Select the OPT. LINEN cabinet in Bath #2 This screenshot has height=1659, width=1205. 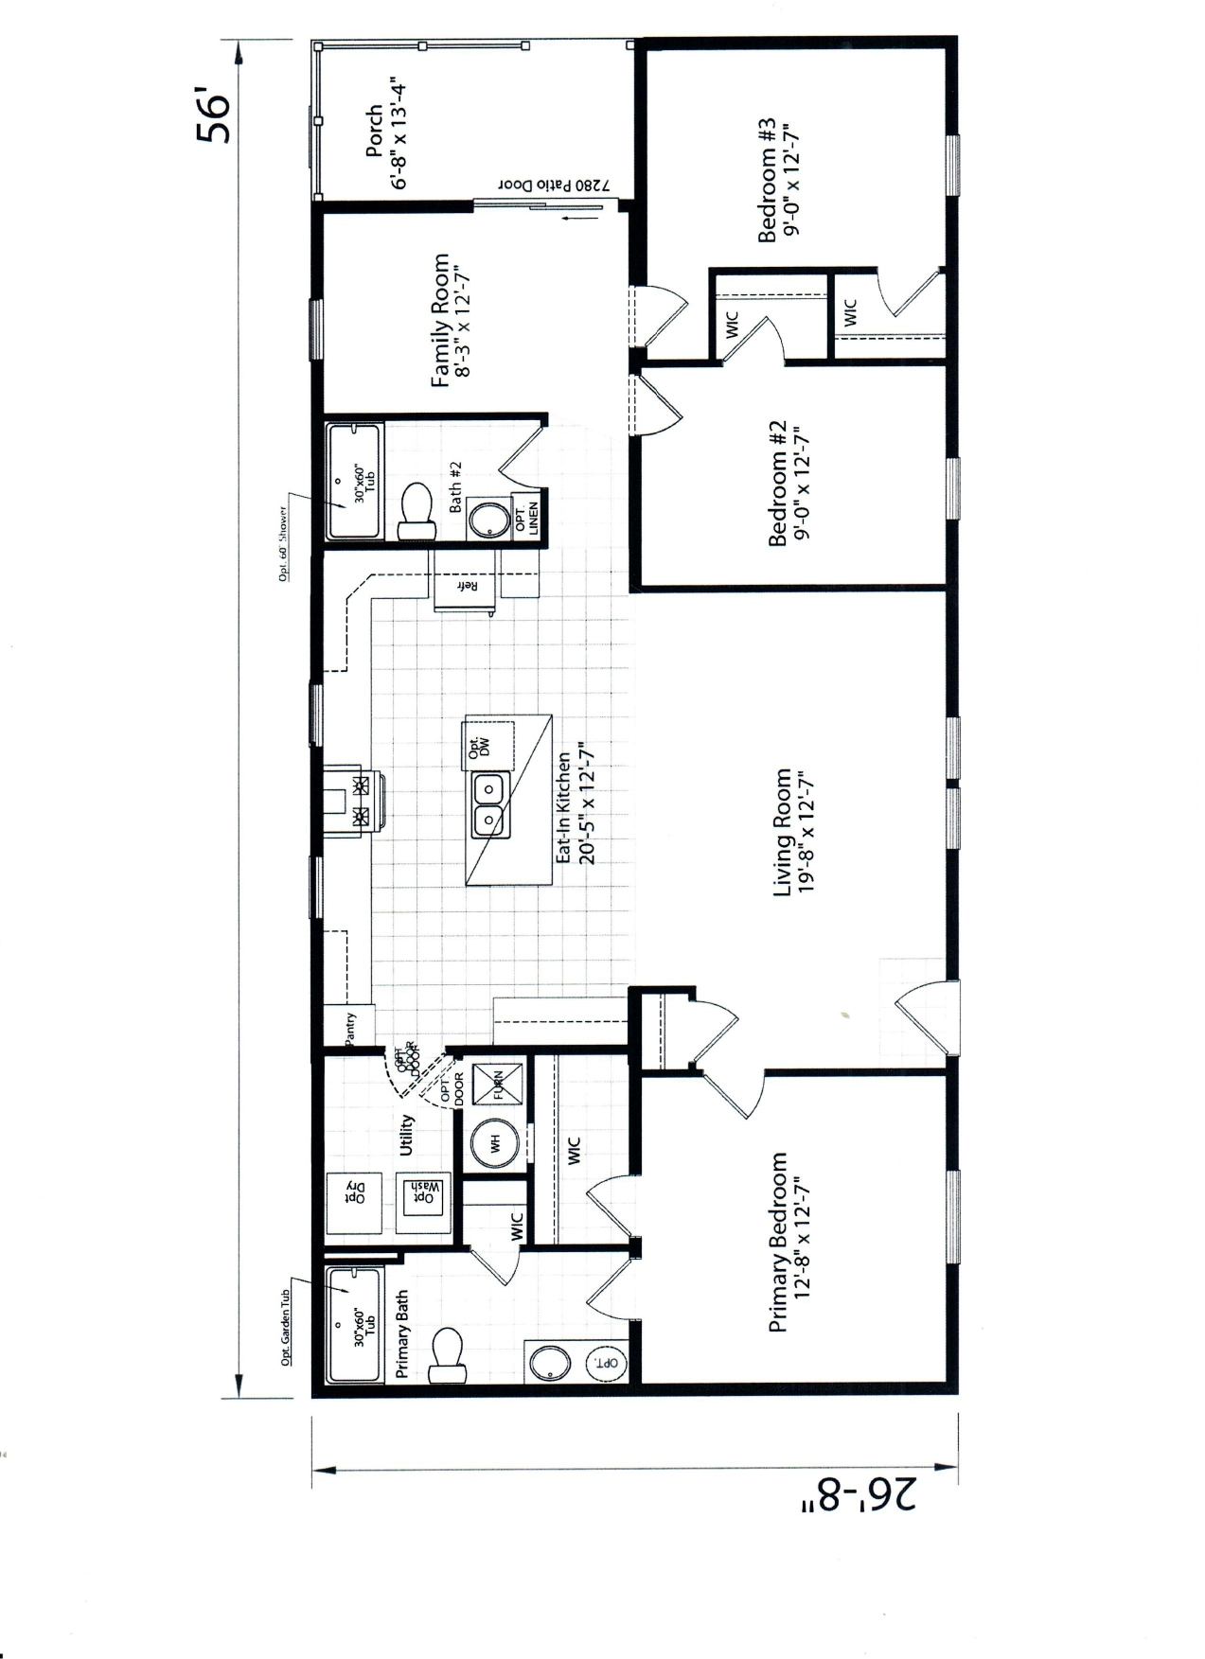coord(524,518)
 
